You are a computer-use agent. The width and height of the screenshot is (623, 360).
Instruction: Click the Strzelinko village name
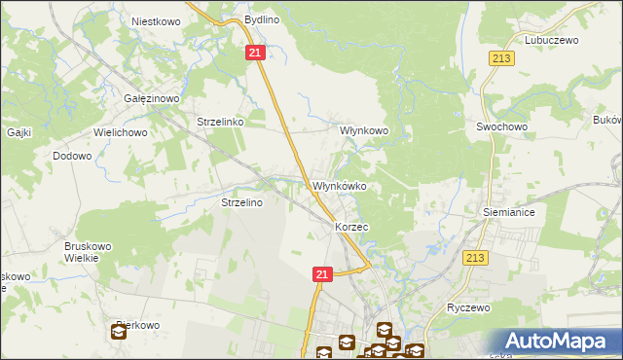click(220, 123)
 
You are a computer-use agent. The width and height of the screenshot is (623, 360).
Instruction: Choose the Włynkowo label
click(364, 129)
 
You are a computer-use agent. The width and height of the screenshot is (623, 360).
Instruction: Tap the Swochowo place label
click(501, 126)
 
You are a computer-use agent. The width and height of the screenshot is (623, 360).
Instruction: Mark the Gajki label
click(20, 131)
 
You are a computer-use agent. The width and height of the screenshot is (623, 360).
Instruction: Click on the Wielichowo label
click(120, 131)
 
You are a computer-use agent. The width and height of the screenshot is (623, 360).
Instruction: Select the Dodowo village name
click(72, 156)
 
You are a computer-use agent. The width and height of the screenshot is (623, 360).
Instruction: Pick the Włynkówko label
click(339, 185)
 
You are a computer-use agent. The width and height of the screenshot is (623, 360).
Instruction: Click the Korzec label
click(351, 226)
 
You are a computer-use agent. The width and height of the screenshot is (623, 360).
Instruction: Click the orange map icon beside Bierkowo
click(119, 333)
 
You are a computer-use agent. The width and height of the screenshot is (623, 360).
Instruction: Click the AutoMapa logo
click(556, 341)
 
